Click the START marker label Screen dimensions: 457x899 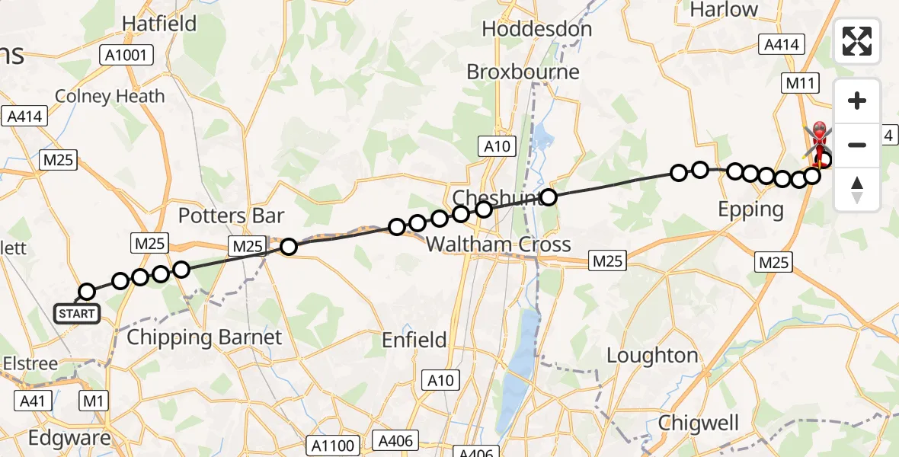(76, 314)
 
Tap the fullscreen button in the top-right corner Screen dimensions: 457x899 (857, 41)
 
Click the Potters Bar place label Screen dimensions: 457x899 (231, 216)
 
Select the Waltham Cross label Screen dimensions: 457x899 (498, 244)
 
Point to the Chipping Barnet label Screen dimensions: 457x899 (204, 337)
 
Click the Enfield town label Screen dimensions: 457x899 (414, 340)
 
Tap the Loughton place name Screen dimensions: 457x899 (652, 356)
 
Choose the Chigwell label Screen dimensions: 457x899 (699, 423)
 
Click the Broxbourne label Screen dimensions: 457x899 (523, 72)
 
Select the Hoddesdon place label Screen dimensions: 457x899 (536, 30)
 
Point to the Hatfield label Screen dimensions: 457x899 (159, 24)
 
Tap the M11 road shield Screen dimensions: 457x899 (801, 83)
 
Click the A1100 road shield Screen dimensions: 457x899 (333, 444)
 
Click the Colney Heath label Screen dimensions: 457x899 (110, 97)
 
